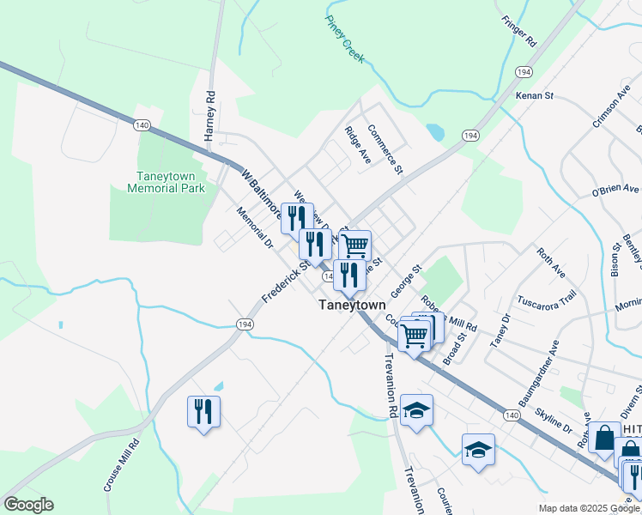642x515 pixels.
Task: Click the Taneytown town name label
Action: point(351,304)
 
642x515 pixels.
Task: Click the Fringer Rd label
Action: point(519,30)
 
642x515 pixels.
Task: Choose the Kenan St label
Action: point(535,96)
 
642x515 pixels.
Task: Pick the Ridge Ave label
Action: point(357,145)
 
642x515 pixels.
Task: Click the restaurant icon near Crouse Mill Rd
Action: point(203,411)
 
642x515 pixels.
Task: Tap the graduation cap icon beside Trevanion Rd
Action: point(416,410)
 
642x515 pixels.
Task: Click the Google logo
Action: point(27,505)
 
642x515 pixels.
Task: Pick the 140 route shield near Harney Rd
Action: point(142,125)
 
